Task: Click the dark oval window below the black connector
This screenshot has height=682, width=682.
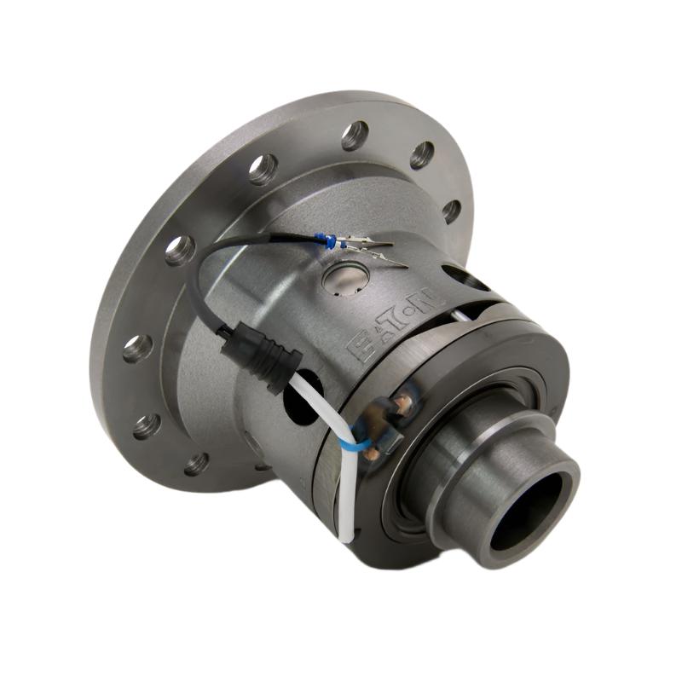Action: [x=293, y=409]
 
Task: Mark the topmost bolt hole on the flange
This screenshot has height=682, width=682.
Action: [x=355, y=135]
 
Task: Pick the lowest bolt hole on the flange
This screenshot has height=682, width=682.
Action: [x=197, y=464]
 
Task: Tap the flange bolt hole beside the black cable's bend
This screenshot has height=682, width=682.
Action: [x=180, y=249]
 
